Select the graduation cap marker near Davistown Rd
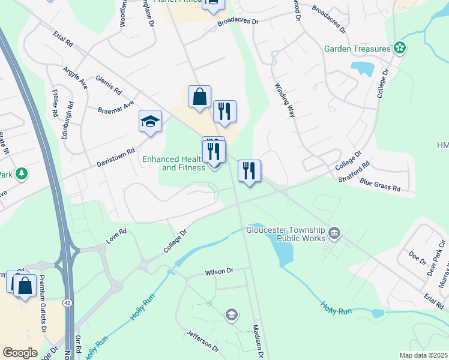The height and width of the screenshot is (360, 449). coord(150,122)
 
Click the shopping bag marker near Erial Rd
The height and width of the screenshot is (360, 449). coord(199,97)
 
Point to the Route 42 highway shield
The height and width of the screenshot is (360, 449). coord(67,304)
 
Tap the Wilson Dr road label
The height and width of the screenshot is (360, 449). coord(218,271)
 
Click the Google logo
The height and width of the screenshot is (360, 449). coord(20,352)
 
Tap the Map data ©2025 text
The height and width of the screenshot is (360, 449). coord(423,355)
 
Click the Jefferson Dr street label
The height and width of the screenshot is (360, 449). coord(202,340)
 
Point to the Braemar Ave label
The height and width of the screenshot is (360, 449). coord(116,107)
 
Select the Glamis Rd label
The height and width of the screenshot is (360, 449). coord(109,85)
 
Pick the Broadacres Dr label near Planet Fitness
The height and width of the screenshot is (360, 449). coord(237,21)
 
